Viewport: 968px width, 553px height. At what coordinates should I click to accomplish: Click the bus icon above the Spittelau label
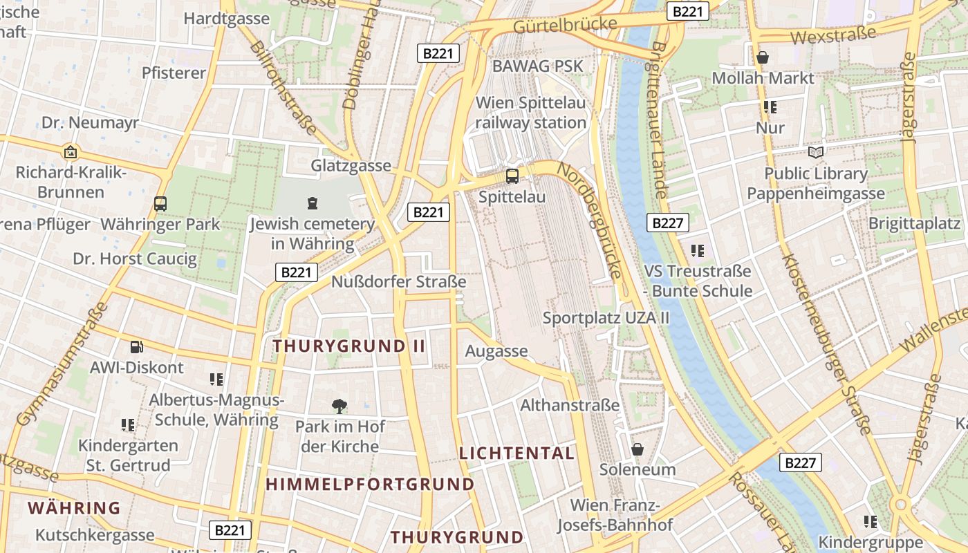(x=512, y=176)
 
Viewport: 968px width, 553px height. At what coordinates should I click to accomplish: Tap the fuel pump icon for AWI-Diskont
(x=137, y=347)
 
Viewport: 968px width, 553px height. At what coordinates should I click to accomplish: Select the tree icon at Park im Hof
(x=339, y=406)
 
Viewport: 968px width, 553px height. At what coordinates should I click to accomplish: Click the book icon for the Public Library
(x=816, y=152)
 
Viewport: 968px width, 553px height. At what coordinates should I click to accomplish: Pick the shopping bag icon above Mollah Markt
(x=763, y=57)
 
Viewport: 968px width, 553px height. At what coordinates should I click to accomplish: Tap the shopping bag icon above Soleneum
(x=637, y=449)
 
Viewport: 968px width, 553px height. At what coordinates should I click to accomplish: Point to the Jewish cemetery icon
(x=313, y=203)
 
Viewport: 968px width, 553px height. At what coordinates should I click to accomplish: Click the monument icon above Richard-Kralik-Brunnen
(x=70, y=152)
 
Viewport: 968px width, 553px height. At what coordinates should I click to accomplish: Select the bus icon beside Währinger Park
(x=160, y=204)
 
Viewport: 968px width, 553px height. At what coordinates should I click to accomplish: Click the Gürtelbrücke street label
(x=565, y=26)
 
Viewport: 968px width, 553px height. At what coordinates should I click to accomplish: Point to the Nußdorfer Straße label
(x=399, y=282)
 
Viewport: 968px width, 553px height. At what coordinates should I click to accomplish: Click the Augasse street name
(x=496, y=351)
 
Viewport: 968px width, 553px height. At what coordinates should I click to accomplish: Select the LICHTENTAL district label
(x=517, y=453)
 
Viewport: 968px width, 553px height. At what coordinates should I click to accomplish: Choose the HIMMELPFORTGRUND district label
(x=371, y=484)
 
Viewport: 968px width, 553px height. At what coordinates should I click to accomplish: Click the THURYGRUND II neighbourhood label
(x=349, y=346)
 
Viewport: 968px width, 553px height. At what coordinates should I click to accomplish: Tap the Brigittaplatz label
(x=914, y=223)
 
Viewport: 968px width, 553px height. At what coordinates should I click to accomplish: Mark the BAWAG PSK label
(x=538, y=66)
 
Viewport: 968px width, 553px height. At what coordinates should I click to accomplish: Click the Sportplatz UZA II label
(x=606, y=318)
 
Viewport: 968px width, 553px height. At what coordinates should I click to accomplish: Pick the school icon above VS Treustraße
(x=697, y=250)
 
